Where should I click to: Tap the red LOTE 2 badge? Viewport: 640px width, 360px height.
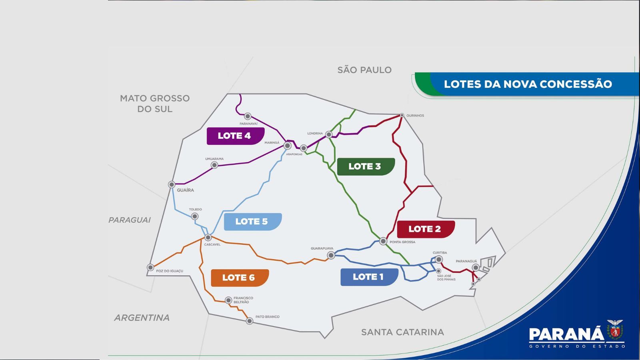click(x=425, y=229)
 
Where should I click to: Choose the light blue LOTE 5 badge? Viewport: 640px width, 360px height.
click(x=252, y=222)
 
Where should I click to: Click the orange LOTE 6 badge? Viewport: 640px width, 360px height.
click(x=239, y=278)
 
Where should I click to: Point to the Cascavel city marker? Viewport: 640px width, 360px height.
click(x=208, y=238)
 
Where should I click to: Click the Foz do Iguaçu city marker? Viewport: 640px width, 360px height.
click(x=150, y=267)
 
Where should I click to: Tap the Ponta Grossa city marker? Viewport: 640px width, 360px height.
click(x=383, y=241)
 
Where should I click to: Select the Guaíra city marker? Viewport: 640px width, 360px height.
click(x=172, y=184)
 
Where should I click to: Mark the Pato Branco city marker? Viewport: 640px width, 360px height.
click(x=250, y=321)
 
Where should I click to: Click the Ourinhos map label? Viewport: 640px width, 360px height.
click(x=415, y=116)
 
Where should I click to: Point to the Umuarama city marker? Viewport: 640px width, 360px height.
click(x=214, y=165)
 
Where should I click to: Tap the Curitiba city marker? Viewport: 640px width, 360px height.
click(x=439, y=260)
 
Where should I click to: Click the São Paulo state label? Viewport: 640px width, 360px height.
click(x=364, y=70)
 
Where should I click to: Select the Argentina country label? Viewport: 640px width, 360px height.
click(x=142, y=318)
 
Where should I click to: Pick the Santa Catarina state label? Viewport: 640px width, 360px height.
click(x=402, y=332)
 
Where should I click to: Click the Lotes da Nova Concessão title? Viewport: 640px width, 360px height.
click(x=528, y=84)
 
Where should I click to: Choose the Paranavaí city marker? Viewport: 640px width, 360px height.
click(x=248, y=116)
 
